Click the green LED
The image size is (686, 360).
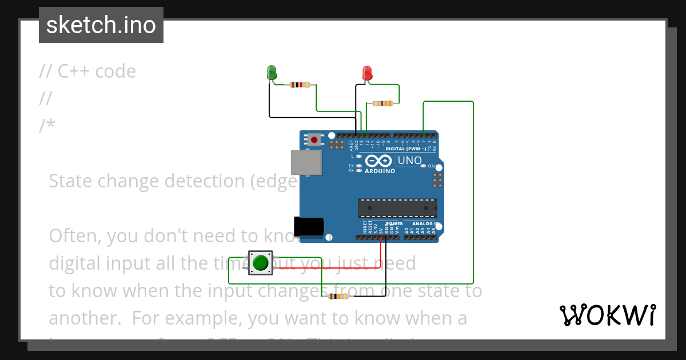coord(272,73)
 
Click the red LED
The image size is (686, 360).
coord(367,73)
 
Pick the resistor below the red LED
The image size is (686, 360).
coord(382,103)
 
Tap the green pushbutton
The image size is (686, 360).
coord(261,263)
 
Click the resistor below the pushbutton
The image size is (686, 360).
coord(338,296)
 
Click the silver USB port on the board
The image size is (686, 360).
coord(306,162)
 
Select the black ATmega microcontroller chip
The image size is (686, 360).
coord(397,208)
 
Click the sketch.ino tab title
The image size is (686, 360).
coord(101,25)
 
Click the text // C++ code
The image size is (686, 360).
coord(87,71)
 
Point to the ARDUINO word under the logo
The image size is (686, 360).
coord(380,171)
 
